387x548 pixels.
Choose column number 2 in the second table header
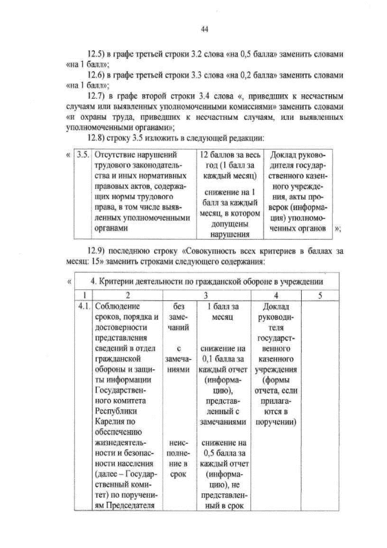(x=128, y=294)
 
